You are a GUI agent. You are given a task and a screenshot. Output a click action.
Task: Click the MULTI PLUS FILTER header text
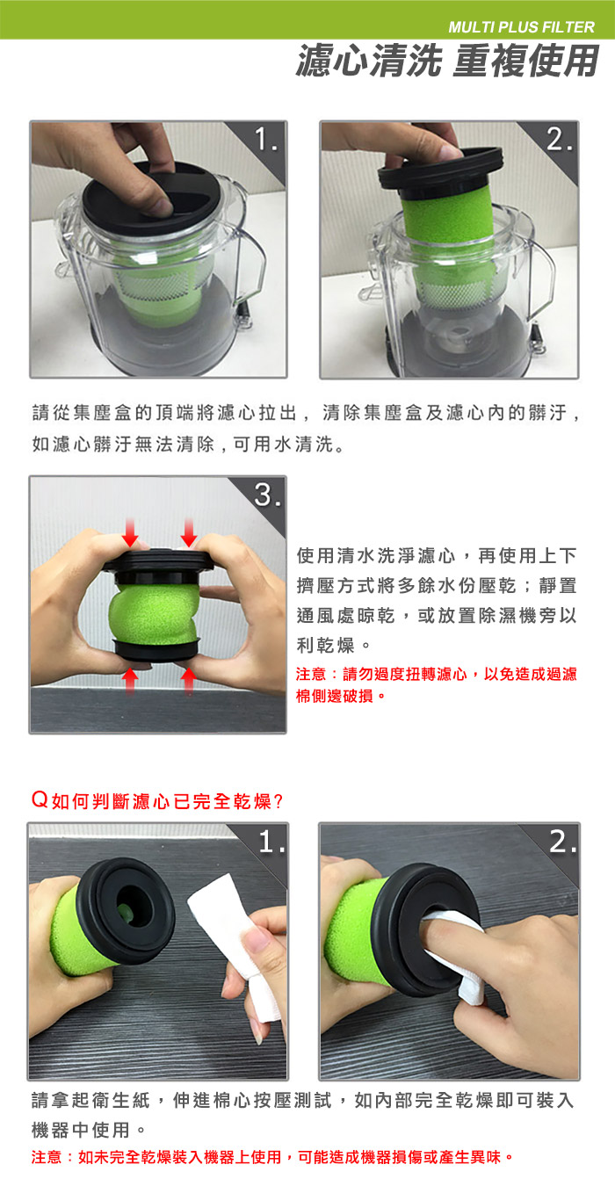pos(521,27)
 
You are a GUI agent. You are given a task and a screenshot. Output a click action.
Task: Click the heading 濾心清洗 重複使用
pos(447,61)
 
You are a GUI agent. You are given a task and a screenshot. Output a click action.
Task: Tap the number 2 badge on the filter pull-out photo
pos(558,140)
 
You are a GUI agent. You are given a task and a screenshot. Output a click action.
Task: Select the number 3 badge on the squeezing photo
pos(267,495)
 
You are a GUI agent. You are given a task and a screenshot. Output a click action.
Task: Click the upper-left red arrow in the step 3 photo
pos(130,533)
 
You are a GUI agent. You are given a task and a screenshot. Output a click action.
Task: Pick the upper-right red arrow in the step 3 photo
pos(189,533)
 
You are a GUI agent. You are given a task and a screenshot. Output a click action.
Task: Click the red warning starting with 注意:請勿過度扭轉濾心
pos(436,684)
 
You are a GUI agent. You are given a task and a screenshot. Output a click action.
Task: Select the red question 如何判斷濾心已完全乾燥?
pos(157,800)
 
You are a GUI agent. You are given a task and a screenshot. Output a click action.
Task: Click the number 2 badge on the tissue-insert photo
pos(562,841)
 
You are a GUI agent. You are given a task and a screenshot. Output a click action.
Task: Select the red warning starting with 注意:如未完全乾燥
pos(272,1157)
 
